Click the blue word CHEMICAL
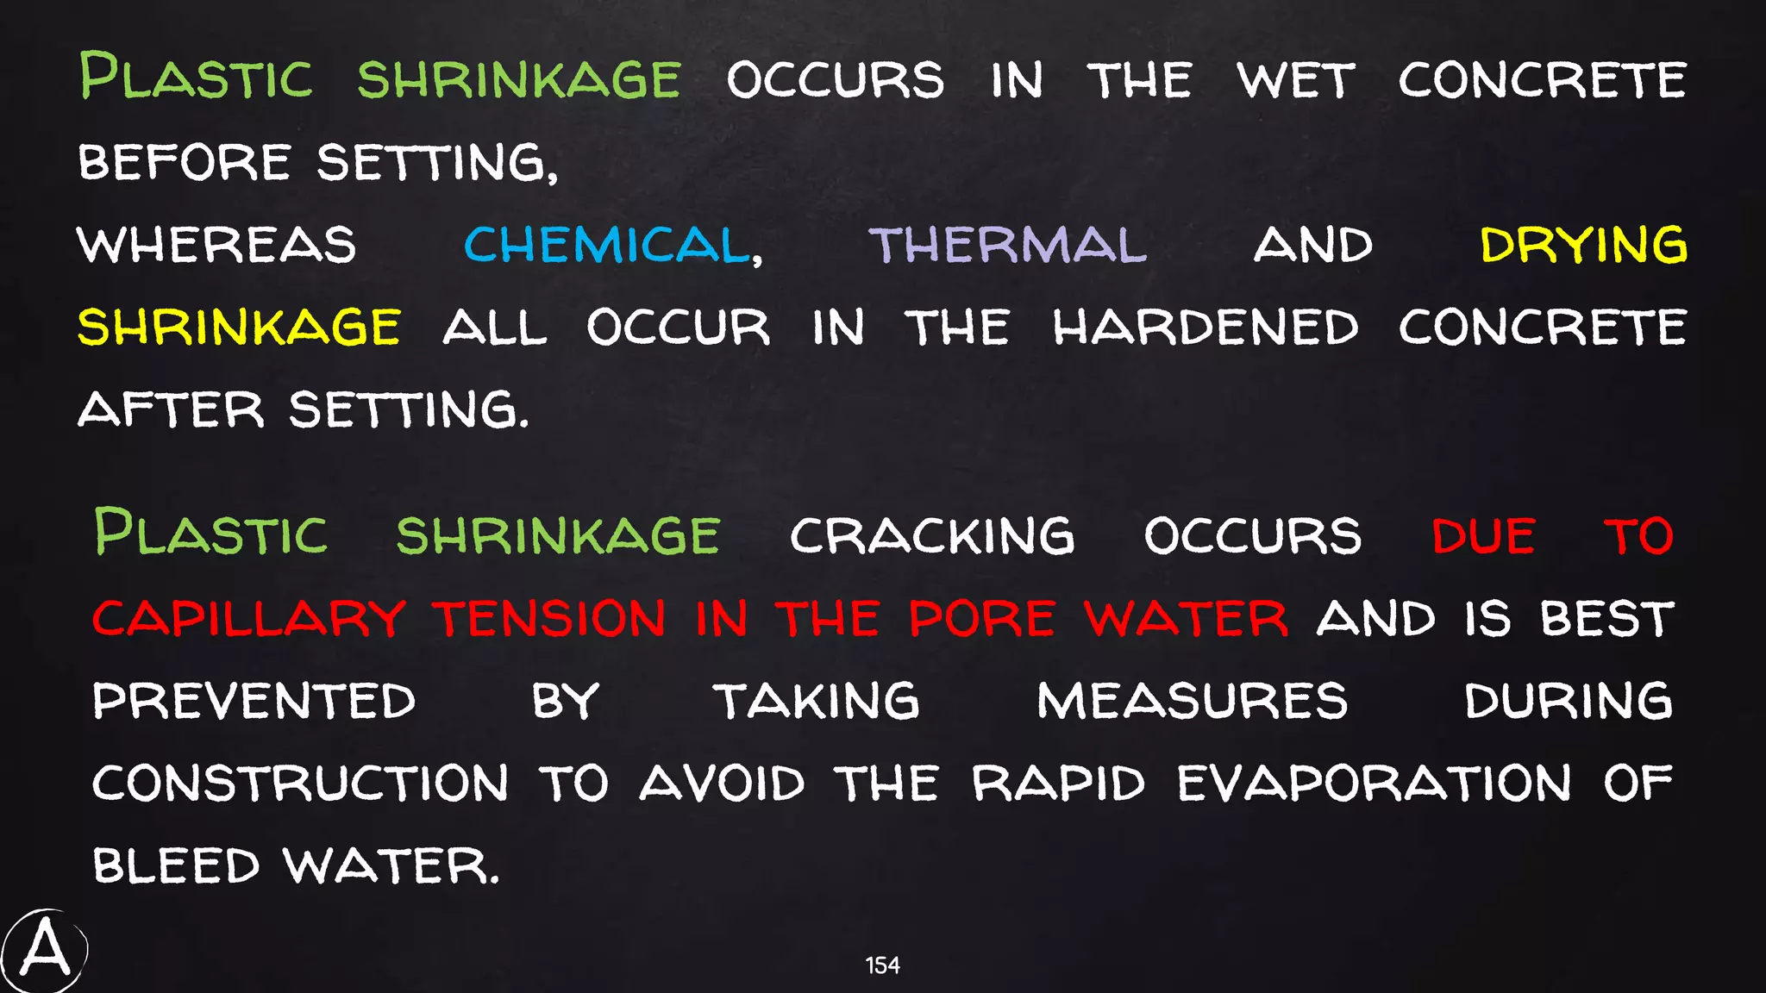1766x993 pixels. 607,245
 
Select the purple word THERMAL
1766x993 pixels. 1007,245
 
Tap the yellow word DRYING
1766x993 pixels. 1583,245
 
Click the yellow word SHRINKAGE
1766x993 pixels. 239,328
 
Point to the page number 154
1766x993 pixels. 882,965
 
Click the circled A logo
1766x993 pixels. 45,951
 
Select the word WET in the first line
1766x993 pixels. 1295,80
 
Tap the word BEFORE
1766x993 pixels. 185,162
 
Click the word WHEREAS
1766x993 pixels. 216,245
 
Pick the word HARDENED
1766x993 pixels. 1205,328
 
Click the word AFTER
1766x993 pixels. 171,409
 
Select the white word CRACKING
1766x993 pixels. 932,536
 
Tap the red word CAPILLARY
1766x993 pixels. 248,619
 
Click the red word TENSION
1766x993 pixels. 550,619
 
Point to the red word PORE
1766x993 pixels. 982,619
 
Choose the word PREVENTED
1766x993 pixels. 254,701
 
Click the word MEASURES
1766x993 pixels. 1192,701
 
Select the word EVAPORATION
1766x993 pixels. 1375,784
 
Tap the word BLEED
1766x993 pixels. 176,865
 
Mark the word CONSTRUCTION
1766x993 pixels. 300,784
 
